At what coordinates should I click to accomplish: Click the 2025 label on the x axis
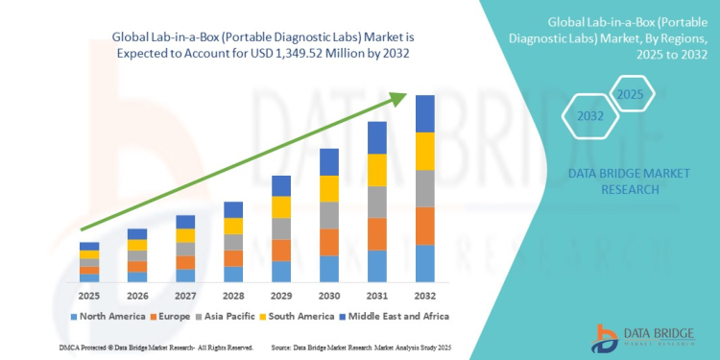pyautogui.click(x=88, y=295)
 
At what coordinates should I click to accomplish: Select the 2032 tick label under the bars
pyautogui.click(x=424, y=295)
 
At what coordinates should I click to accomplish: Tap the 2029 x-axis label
pyautogui.click(x=280, y=295)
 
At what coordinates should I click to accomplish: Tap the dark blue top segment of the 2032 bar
pyautogui.click(x=424, y=113)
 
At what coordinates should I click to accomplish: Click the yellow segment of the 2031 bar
pyautogui.click(x=376, y=170)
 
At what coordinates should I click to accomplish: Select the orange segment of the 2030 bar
pyautogui.click(x=328, y=242)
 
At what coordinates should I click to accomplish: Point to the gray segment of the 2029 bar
pyautogui.click(x=280, y=228)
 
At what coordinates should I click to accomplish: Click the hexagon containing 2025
pyautogui.click(x=629, y=95)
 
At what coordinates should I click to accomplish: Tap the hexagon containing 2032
pyautogui.click(x=590, y=116)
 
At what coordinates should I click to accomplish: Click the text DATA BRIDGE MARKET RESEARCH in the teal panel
pyautogui.click(x=617, y=182)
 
